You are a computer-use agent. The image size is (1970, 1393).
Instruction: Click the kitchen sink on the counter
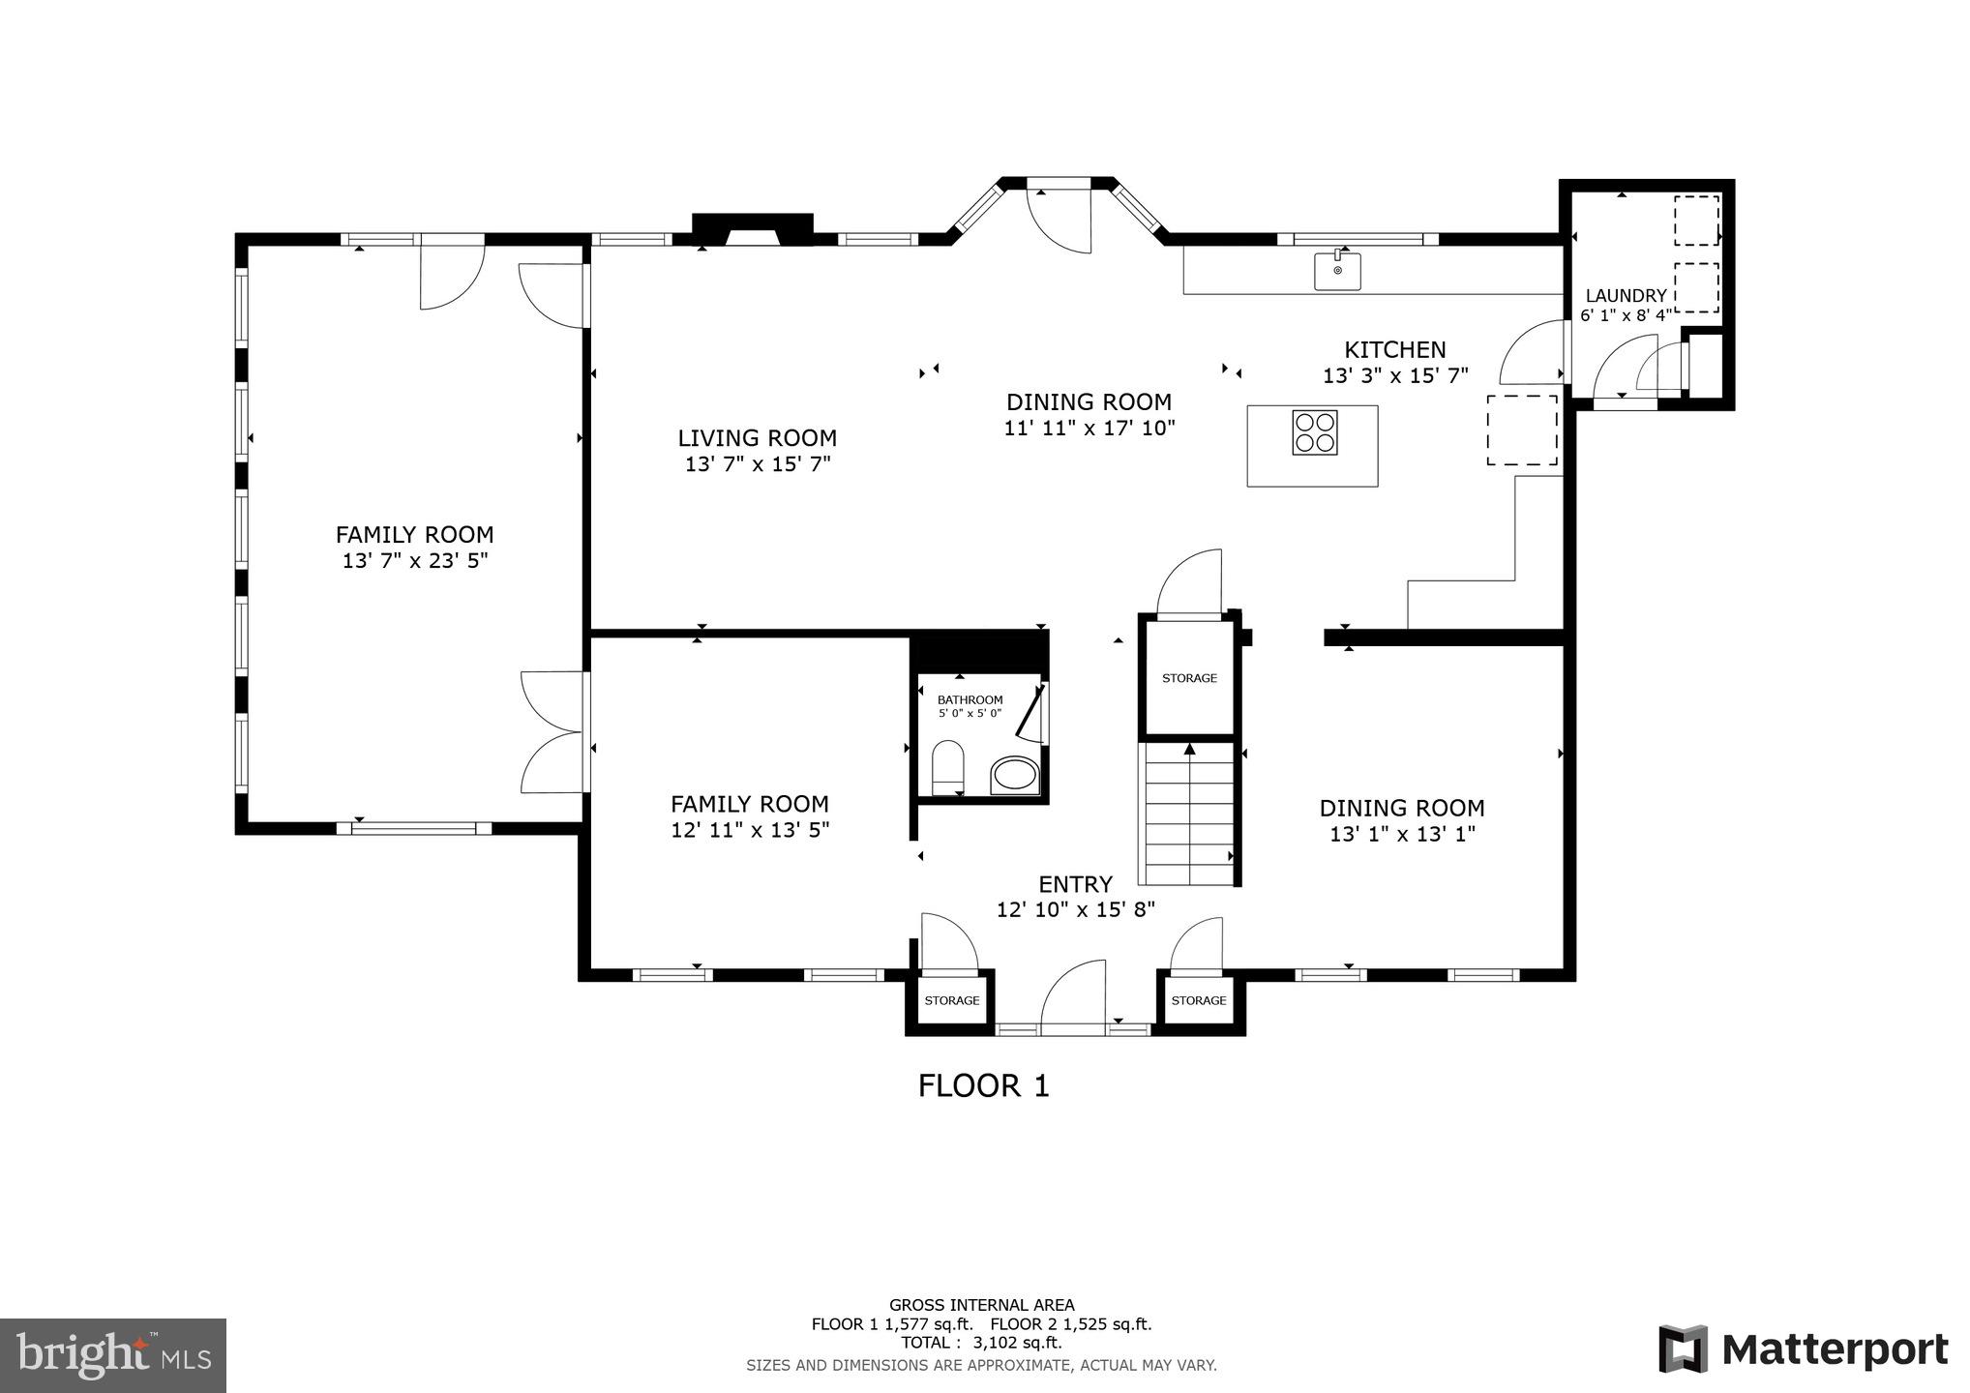point(1337,271)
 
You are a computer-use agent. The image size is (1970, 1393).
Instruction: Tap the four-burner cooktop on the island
point(1316,432)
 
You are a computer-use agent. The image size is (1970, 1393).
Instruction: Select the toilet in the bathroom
point(947,767)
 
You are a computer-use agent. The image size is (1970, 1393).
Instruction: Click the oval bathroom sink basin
point(1014,774)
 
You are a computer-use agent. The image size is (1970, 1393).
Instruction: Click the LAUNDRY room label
point(1626,296)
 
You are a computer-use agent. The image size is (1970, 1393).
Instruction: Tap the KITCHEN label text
point(1394,350)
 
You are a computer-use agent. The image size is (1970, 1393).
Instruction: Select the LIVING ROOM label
point(757,438)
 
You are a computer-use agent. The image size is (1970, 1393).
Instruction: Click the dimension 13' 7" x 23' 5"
point(414,560)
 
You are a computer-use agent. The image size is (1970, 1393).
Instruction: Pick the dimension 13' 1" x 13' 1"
point(1401,834)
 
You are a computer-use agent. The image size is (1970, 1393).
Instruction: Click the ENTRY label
point(1075,884)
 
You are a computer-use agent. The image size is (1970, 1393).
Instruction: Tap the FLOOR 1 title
point(983,1085)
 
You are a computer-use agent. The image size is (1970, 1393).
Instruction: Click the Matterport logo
point(1804,1349)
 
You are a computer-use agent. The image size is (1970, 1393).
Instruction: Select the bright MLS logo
point(113,1354)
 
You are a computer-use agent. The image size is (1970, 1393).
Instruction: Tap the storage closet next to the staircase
point(1189,678)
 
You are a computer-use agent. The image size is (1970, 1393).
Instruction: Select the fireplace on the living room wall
point(752,228)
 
